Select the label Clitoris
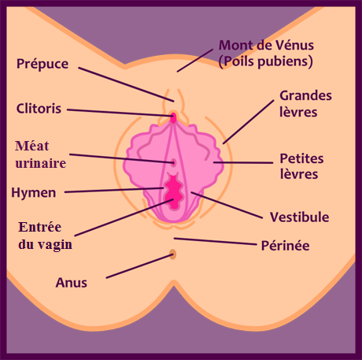40,108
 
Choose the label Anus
71,282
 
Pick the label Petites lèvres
302,166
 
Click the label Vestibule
299,217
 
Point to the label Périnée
285,246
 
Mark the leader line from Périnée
212,241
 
